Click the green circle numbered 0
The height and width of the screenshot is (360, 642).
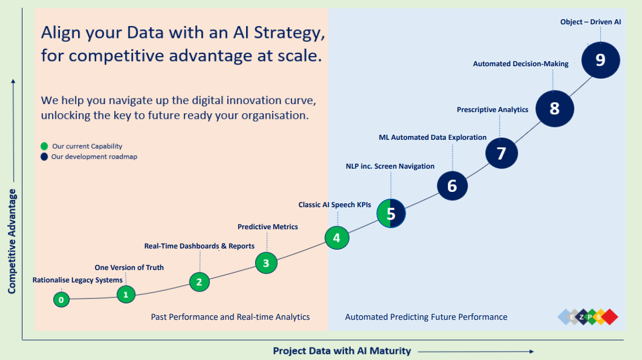pyautogui.click(x=62, y=299)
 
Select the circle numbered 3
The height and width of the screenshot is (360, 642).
pyautogui.click(x=266, y=263)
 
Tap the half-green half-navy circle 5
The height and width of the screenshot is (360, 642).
pyautogui.click(x=391, y=213)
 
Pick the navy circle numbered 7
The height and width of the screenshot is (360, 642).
pyautogui.click(x=502, y=153)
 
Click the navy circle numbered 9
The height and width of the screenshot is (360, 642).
pyautogui.click(x=601, y=60)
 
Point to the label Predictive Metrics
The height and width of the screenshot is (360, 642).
pyautogui.click(x=268, y=227)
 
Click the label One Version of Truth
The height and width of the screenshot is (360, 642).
pyautogui.click(x=129, y=267)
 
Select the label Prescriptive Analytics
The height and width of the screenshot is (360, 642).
pyautogui.click(x=493, y=110)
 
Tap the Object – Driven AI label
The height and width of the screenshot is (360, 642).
pyautogui.click(x=591, y=22)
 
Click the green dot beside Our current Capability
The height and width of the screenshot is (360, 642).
pyautogui.click(x=44, y=146)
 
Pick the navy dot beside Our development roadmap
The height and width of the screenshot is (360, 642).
pyautogui.click(x=44, y=157)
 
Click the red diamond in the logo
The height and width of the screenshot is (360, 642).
pyautogui.click(x=610, y=317)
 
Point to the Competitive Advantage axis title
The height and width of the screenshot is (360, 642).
pyautogui.click(x=12, y=241)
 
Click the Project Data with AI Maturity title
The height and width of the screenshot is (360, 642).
pyautogui.click(x=342, y=351)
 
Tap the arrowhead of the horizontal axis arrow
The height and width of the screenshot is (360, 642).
pyautogui.click(x=532, y=352)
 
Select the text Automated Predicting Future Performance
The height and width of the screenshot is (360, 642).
pyautogui.click(x=426, y=317)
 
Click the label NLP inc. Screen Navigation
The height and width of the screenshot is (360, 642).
pyautogui.click(x=390, y=166)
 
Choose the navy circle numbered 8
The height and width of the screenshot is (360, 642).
pyautogui.click(x=555, y=109)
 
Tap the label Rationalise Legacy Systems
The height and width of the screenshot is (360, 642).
pyautogui.click(x=77, y=280)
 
